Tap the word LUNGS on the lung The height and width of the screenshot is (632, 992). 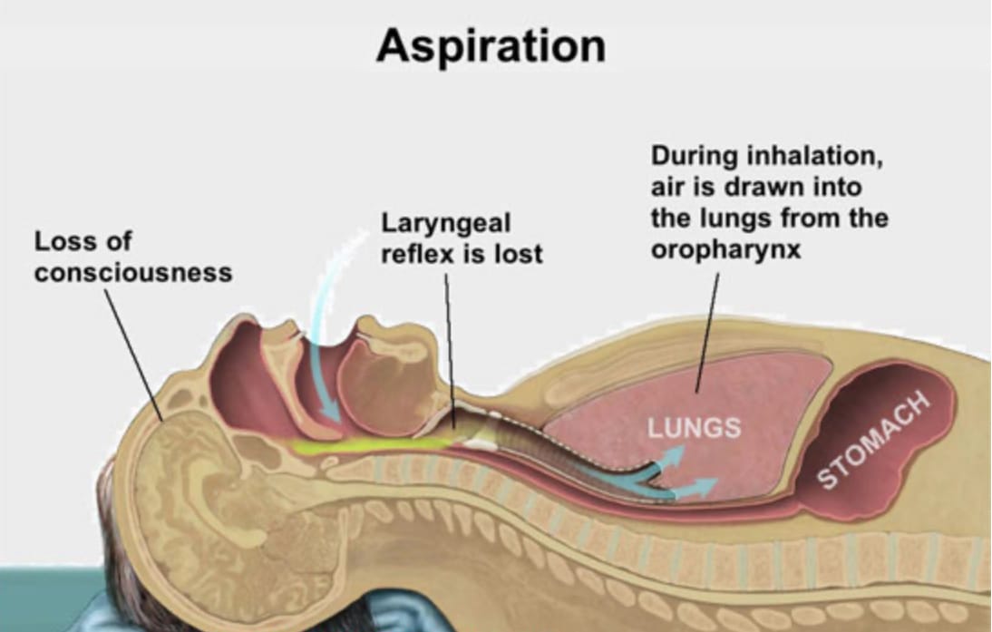(x=694, y=428)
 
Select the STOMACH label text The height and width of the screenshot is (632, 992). (x=875, y=441)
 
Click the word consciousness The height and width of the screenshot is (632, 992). (x=133, y=273)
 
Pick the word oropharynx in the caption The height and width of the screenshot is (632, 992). (x=726, y=250)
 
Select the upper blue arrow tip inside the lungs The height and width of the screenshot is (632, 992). (x=675, y=453)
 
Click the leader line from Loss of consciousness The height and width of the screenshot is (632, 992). (x=134, y=355)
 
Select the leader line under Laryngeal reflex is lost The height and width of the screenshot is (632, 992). (x=450, y=351)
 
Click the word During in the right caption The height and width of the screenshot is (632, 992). (x=695, y=156)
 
